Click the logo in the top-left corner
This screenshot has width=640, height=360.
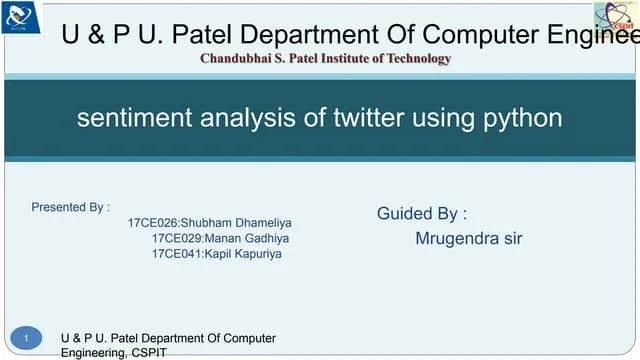(x=21, y=16)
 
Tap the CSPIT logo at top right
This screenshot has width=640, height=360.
(x=615, y=17)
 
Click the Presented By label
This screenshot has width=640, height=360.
(x=70, y=208)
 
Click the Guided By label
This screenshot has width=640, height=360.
(x=422, y=213)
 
